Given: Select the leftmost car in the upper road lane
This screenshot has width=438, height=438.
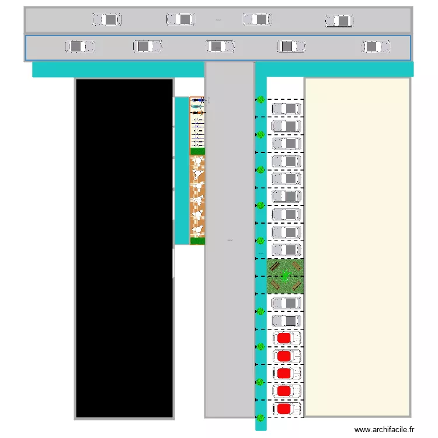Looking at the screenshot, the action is (106, 20).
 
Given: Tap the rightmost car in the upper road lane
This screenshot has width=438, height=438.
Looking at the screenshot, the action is (339, 21).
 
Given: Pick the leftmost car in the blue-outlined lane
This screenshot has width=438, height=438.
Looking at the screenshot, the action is (81, 46).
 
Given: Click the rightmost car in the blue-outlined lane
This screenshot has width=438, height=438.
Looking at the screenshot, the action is (376, 47).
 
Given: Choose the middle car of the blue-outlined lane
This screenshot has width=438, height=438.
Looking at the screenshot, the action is (220, 46).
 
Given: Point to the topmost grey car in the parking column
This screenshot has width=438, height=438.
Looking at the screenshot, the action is (286, 109).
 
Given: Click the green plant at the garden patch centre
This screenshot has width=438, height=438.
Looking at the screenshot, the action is (285, 276).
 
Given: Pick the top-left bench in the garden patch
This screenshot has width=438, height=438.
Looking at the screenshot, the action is (274, 267).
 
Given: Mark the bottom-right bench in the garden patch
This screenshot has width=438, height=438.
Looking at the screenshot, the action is (297, 286).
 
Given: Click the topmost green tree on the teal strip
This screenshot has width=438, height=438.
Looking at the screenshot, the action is (260, 100).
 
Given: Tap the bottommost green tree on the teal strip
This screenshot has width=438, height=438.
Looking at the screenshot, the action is (260, 418).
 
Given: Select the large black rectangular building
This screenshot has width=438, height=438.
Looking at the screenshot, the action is (124, 248).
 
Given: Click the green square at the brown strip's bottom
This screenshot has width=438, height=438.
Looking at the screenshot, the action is (198, 241).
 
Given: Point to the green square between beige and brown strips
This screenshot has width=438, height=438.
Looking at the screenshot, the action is (198, 151).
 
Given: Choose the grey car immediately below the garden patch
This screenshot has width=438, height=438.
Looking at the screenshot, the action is (286, 303).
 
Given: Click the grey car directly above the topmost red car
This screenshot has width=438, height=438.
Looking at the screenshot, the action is (286, 321).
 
